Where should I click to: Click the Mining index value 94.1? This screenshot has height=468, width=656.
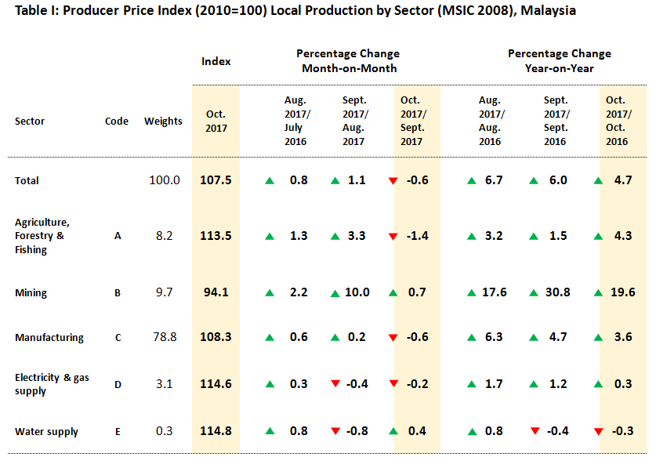[216, 292]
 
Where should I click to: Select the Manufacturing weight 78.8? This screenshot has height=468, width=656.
[165, 337]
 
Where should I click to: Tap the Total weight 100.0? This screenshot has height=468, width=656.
[165, 180]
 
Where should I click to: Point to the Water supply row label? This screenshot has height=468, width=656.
[46, 432]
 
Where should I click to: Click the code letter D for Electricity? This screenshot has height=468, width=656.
[118, 384]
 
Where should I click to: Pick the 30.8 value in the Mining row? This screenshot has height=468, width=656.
[558, 292]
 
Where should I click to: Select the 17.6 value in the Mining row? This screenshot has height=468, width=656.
[494, 292]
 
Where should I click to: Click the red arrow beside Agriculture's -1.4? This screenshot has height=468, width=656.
[393, 237]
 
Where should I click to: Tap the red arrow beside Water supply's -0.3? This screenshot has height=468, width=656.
[598, 432]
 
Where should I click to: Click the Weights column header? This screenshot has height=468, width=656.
[163, 121]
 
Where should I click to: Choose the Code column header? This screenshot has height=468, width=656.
[117, 121]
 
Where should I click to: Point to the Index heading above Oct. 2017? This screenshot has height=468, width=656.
[216, 61]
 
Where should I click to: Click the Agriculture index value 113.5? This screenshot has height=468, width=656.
[216, 236]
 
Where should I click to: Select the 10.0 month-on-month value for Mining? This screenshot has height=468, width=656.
[357, 292]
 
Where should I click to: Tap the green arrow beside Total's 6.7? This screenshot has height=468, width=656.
[472, 181]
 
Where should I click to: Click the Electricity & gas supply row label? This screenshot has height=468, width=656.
[52, 384]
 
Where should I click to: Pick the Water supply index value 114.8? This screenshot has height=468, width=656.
[216, 430]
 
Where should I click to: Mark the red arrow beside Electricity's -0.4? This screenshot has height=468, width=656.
[335, 383]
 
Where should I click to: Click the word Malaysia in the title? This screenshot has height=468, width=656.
[548, 10]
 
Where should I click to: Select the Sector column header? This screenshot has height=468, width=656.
[30, 121]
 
